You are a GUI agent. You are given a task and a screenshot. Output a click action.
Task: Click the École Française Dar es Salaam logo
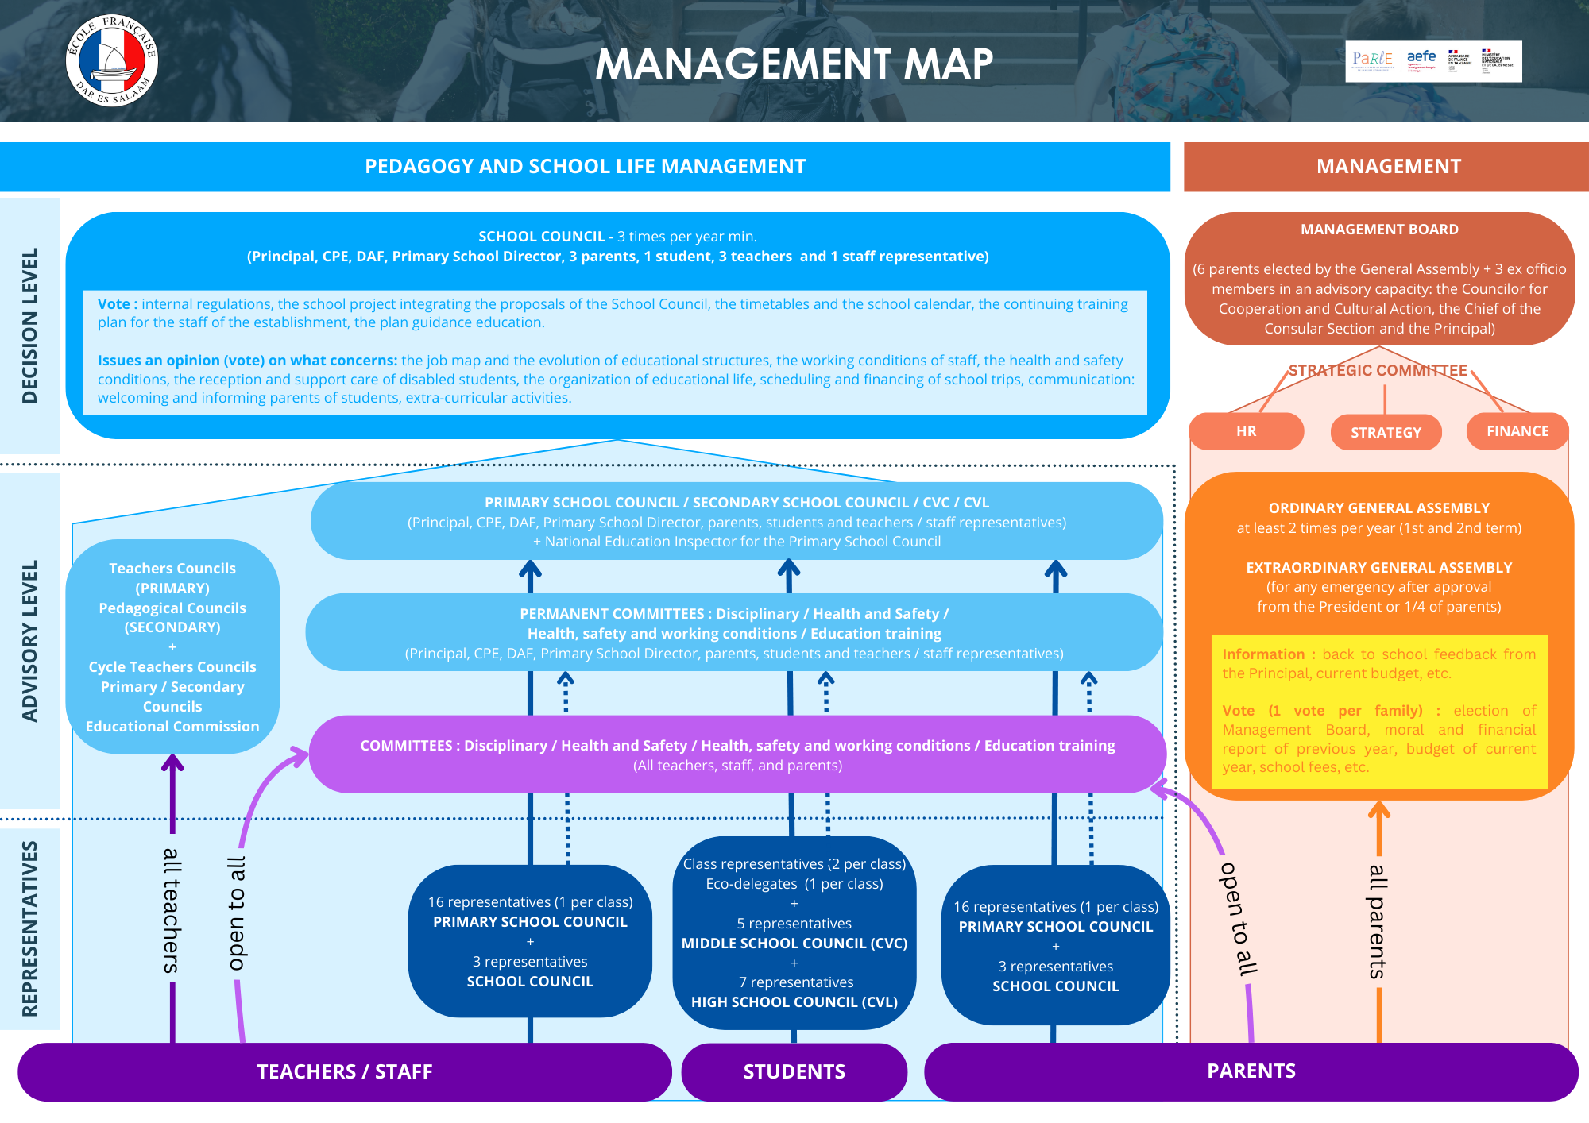pos(112,60)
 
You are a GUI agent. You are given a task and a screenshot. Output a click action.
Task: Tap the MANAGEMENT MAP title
pos(794,64)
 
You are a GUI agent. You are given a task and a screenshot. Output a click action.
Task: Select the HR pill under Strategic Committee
pos(1246,431)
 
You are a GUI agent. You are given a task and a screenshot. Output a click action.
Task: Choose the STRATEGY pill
pos(1386,433)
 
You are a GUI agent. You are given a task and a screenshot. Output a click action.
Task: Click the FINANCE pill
pos(1517,431)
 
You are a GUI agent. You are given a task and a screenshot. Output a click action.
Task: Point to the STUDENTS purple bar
pos(794,1071)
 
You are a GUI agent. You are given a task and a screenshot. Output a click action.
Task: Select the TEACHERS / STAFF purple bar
pos(344,1071)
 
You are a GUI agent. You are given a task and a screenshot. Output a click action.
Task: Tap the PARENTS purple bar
pos(1251,1071)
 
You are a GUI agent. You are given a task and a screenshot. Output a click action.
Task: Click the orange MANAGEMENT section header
pos(1388,166)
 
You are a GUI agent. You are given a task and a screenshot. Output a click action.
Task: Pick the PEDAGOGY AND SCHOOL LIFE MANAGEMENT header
pos(585,166)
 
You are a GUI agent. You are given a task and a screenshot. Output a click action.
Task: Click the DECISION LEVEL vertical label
pos(30,326)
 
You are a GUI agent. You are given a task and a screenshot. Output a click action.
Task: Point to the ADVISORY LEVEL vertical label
pos(30,641)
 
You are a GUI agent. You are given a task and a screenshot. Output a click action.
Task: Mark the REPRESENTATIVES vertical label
pos(30,928)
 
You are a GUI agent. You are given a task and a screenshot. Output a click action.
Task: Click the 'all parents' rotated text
pos(1377,921)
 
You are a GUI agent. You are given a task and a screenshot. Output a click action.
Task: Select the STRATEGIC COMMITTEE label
pos(1378,371)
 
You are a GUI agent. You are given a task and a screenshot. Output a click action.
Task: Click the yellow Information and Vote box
pos(1379,711)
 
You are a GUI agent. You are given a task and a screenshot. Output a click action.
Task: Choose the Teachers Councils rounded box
pos(172,646)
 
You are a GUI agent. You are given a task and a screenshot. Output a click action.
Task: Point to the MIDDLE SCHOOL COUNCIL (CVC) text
pos(794,944)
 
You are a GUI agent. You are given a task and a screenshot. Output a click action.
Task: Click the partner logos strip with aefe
pos(1433,61)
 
